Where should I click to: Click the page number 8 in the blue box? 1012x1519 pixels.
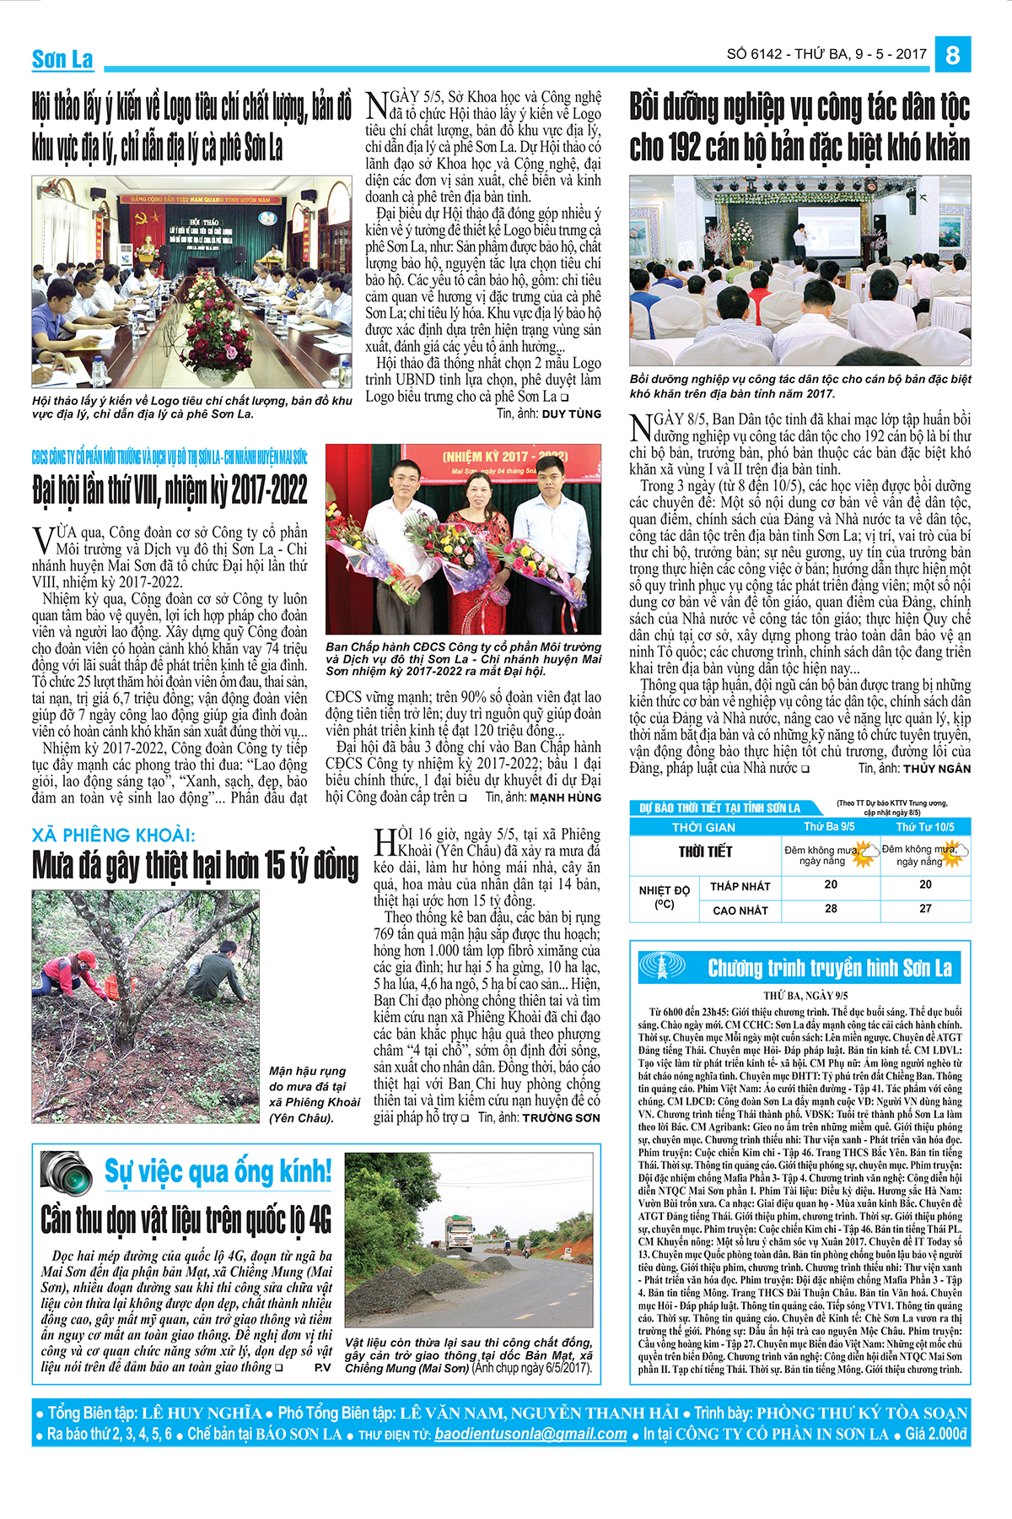[953, 55]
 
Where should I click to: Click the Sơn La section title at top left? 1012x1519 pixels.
[62, 59]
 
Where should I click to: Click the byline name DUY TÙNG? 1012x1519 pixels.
[571, 414]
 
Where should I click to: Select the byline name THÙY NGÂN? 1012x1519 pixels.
[936, 769]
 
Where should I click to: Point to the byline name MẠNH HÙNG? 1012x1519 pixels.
[565, 797]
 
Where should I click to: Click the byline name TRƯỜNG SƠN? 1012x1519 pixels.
[561, 1117]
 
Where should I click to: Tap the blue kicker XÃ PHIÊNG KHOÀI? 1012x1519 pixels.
[113, 835]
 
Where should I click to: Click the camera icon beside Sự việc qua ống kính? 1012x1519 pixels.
[67, 1172]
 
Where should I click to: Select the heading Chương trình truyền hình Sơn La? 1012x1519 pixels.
[830, 968]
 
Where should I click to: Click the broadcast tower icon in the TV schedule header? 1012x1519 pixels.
[663, 967]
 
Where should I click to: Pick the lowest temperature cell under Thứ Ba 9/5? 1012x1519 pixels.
[831, 884]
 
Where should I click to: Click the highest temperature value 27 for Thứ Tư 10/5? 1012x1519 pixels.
[925, 909]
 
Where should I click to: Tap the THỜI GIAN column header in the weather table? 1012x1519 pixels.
[703, 827]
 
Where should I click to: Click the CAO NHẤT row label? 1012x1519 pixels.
[740, 911]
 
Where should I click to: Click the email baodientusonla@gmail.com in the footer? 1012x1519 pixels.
[530, 1434]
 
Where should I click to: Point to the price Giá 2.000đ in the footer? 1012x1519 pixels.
[936, 1434]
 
